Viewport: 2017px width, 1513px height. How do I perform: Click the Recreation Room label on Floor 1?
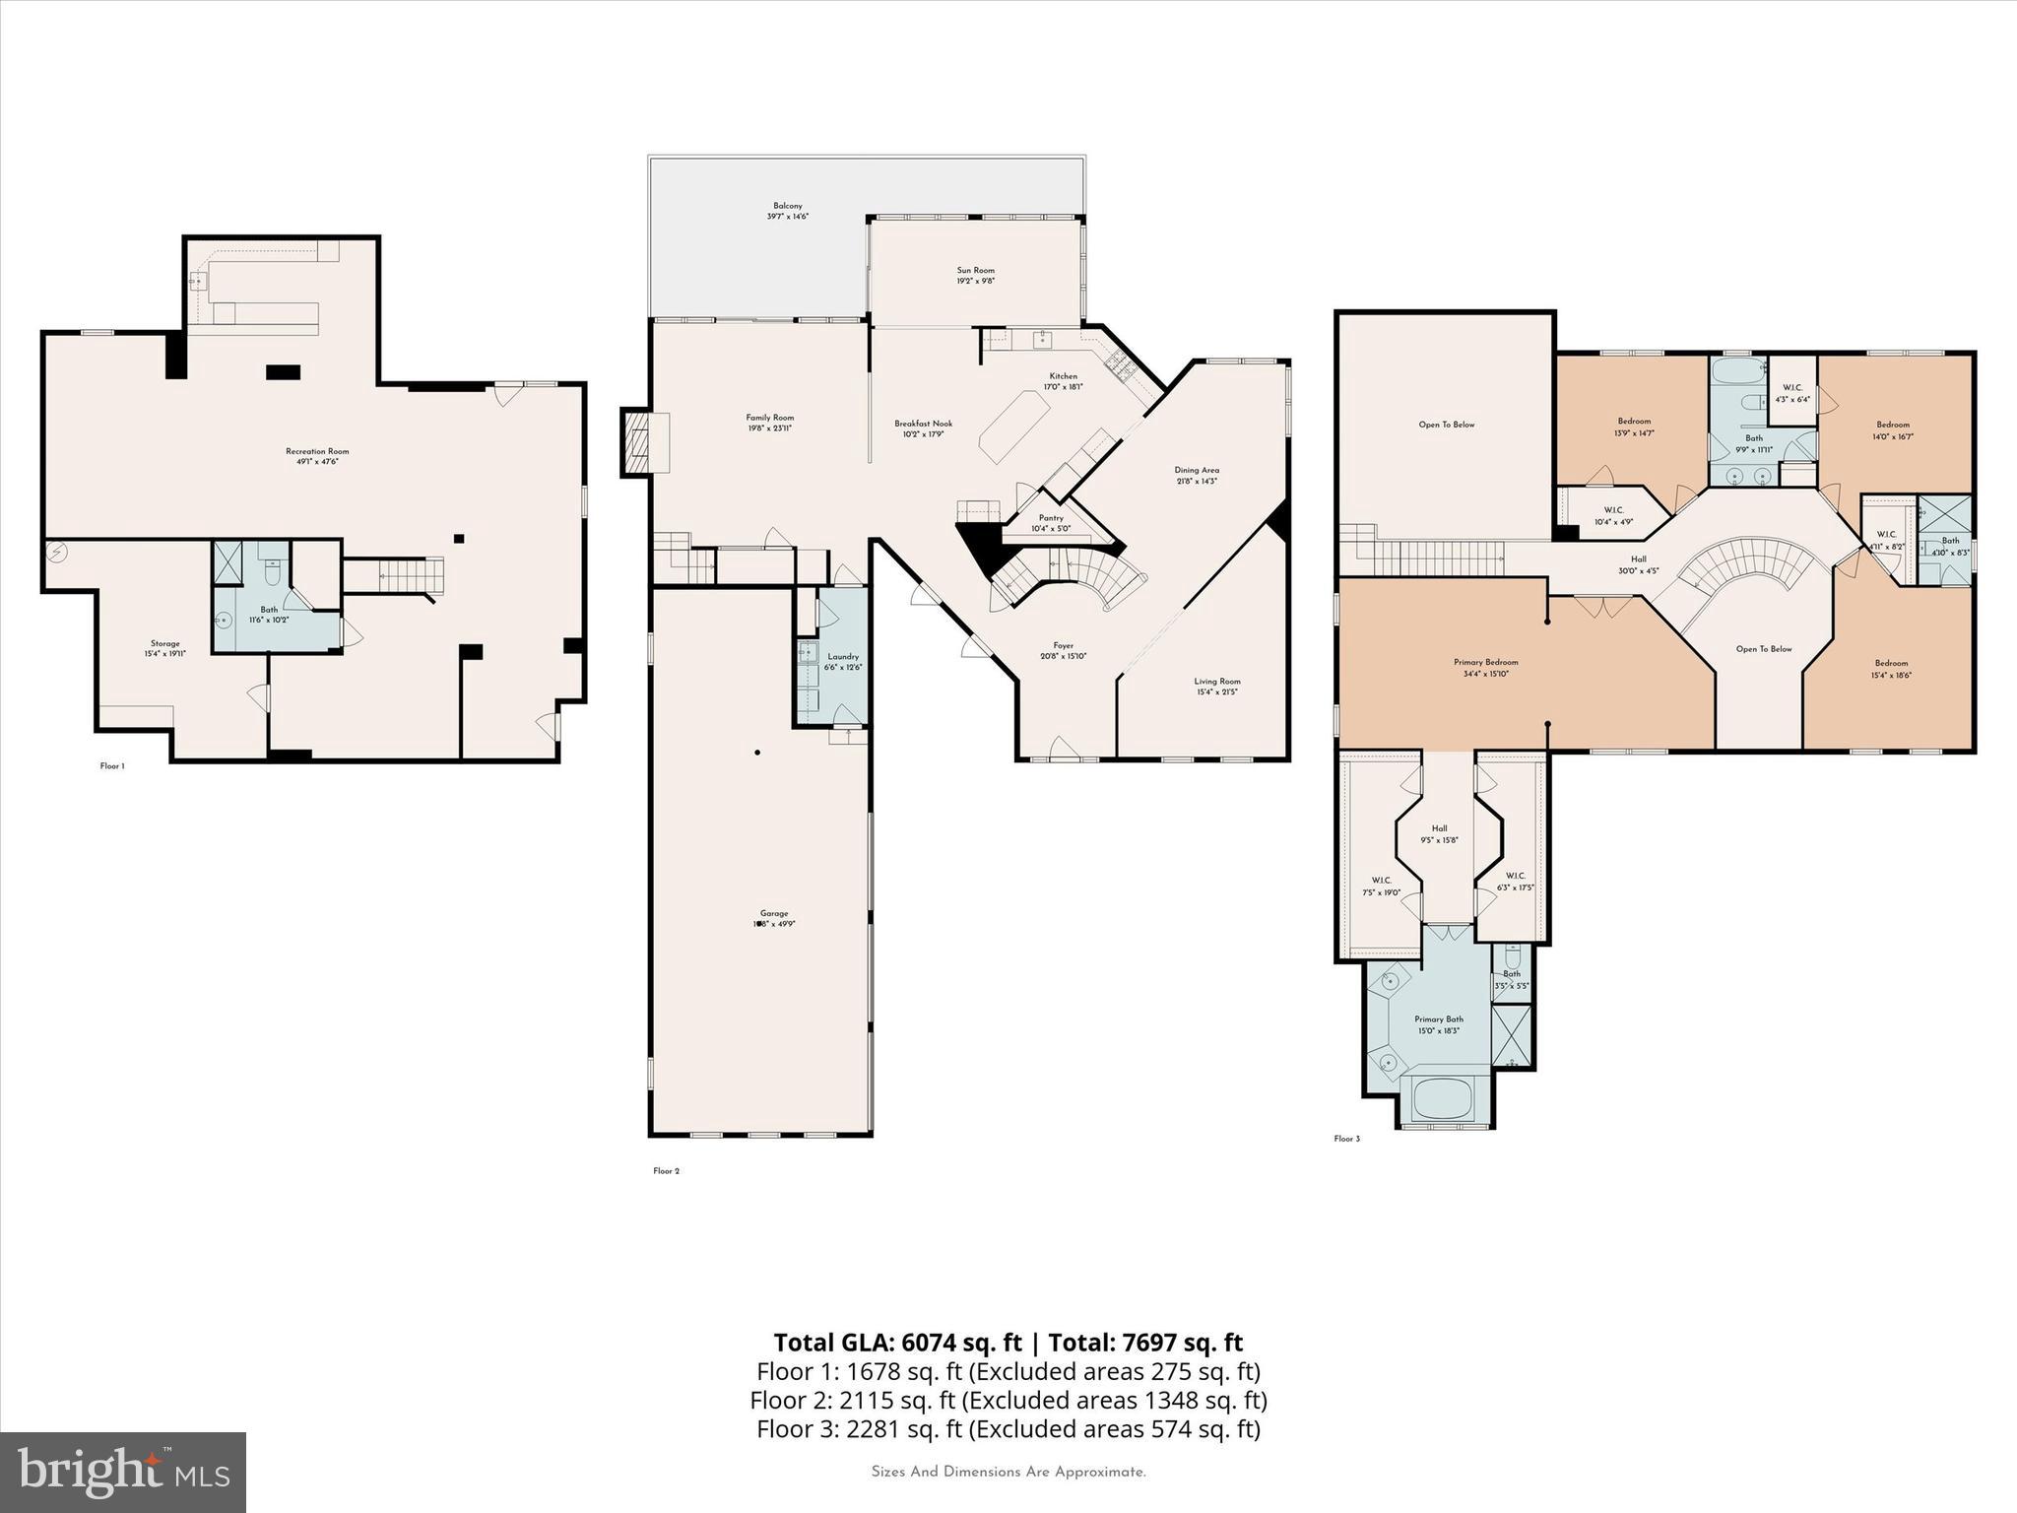[x=318, y=452]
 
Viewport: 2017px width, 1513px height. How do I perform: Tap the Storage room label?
[x=165, y=644]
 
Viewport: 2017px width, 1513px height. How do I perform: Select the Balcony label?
[x=787, y=206]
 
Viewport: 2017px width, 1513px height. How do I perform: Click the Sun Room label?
[x=975, y=271]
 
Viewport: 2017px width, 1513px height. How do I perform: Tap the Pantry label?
[x=1051, y=518]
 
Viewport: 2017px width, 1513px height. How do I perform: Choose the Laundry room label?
[x=843, y=657]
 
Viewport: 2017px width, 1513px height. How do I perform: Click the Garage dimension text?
[x=774, y=924]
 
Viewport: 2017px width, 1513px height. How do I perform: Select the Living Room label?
[x=1217, y=682]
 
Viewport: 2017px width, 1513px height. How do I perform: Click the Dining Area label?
[x=1196, y=471]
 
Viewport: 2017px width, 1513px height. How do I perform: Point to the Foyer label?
[x=1063, y=646]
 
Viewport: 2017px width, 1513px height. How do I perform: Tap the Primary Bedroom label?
[x=1485, y=663]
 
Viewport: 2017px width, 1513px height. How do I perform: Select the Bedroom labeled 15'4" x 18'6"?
[x=1891, y=664]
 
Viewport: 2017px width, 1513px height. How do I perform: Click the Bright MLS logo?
[x=123, y=1472]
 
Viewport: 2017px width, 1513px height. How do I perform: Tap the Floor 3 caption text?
[x=1346, y=1139]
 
